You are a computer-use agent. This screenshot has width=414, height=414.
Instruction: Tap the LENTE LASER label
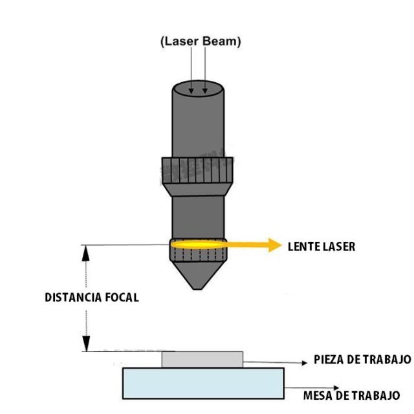tap(321, 246)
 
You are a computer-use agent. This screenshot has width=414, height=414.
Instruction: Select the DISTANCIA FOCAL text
tap(92, 298)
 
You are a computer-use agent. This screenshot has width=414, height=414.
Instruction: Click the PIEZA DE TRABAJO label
tap(362, 360)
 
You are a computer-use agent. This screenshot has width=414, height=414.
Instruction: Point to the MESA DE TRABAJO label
tap(351, 395)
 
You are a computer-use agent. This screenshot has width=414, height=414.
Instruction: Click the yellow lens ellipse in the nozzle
tap(196, 245)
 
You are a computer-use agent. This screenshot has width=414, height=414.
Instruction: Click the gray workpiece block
tap(202, 359)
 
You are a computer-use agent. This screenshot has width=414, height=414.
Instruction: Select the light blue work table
tap(203, 382)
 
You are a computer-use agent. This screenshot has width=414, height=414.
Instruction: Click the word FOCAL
tap(121, 298)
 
